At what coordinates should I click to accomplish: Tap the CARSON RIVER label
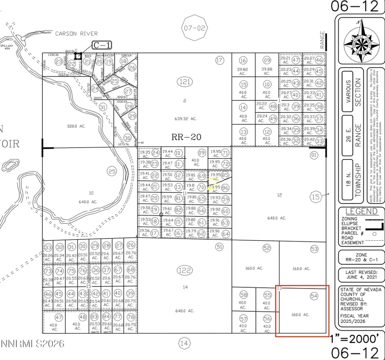tap(76, 33)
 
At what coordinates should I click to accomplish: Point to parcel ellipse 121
tap(185, 81)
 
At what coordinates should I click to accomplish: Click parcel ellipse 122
tap(185, 270)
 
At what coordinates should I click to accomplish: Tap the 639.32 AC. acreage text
tap(185, 118)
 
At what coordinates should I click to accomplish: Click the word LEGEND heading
tap(361, 211)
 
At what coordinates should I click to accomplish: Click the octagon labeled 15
tap(316, 197)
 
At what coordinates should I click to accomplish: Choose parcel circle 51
tap(219, 247)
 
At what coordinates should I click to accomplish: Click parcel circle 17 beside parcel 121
tap(219, 60)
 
